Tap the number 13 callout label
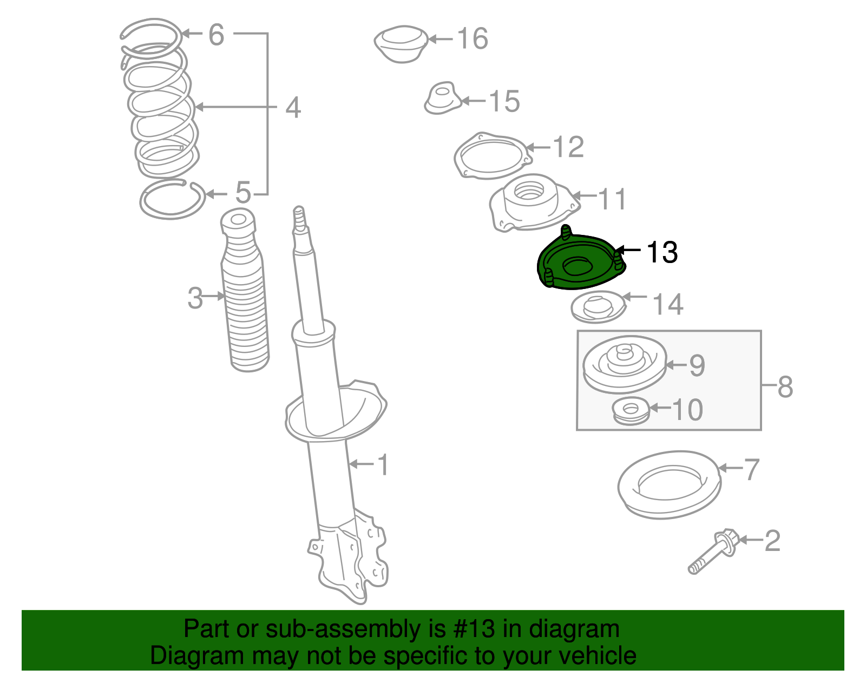[x=662, y=252]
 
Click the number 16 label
[x=473, y=39]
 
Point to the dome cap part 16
[x=401, y=43]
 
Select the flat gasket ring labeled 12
[x=491, y=156]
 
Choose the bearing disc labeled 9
[x=624, y=364]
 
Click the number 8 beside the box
[x=785, y=387]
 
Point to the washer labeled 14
[x=598, y=307]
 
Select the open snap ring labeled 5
[x=172, y=200]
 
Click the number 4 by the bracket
[x=293, y=108]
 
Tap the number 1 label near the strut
[x=383, y=465]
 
